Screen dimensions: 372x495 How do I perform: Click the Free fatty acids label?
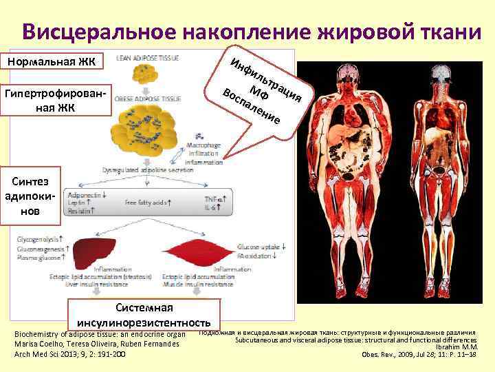point(148,204)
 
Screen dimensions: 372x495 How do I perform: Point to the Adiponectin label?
point(85,196)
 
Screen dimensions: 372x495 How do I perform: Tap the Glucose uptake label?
point(262,246)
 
